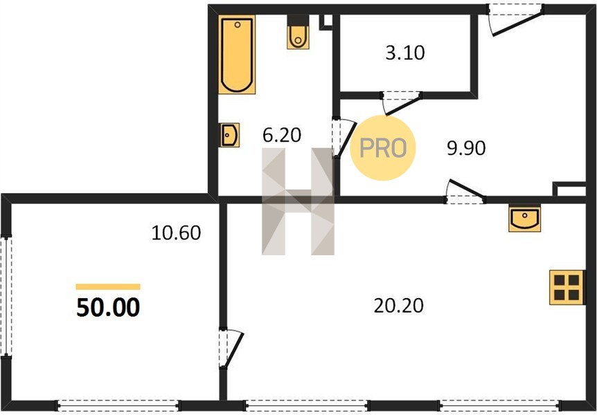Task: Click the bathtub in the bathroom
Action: [x=236, y=55]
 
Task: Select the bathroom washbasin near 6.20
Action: [x=229, y=135]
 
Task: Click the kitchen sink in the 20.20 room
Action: [x=524, y=218]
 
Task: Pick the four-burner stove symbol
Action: [x=567, y=288]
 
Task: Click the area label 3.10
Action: [x=404, y=53]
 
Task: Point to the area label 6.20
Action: [x=282, y=135]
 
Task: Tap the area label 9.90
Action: [x=466, y=148]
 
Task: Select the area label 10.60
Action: [x=176, y=233]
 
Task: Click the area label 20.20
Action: [x=399, y=306]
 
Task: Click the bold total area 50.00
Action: [x=108, y=308]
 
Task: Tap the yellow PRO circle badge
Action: [x=382, y=147]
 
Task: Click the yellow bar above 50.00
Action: [x=108, y=287]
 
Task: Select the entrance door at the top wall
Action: [x=516, y=20]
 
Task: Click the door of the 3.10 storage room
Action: [x=402, y=102]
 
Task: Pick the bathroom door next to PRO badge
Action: [x=344, y=138]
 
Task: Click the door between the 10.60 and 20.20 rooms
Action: [x=231, y=349]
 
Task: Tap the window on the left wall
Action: [x=6, y=297]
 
